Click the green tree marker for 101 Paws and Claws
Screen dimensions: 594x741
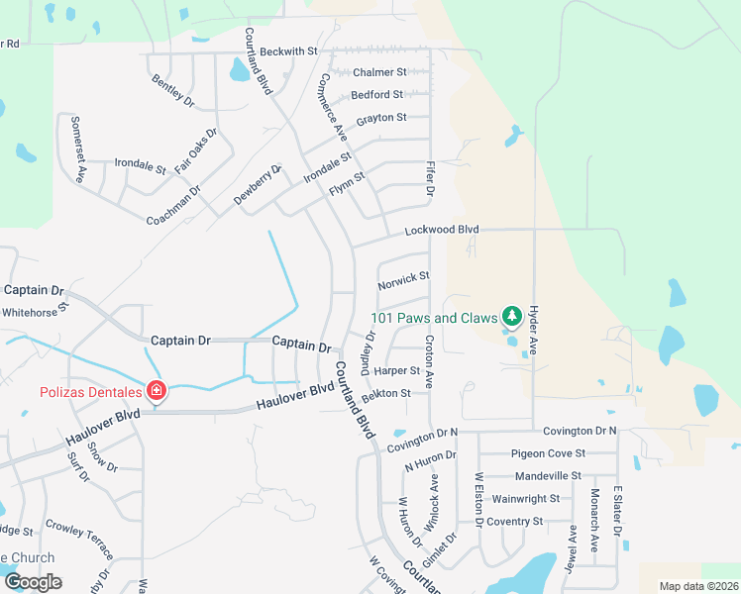click(511, 317)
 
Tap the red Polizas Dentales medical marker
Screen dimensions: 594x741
click(156, 391)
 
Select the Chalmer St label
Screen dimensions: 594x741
click(380, 72)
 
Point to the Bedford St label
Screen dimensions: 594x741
click(376, 95)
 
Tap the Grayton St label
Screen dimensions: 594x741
click(381, 118)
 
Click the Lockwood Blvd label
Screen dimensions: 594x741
click(441, 230)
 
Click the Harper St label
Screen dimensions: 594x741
click(398, 371)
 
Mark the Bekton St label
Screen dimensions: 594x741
click(386, 394)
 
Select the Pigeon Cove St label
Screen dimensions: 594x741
click(548, 453)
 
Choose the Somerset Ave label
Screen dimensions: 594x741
click(77, 148)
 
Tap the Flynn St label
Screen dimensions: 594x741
click(348, 182)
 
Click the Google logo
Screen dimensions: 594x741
click(33, 582)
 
